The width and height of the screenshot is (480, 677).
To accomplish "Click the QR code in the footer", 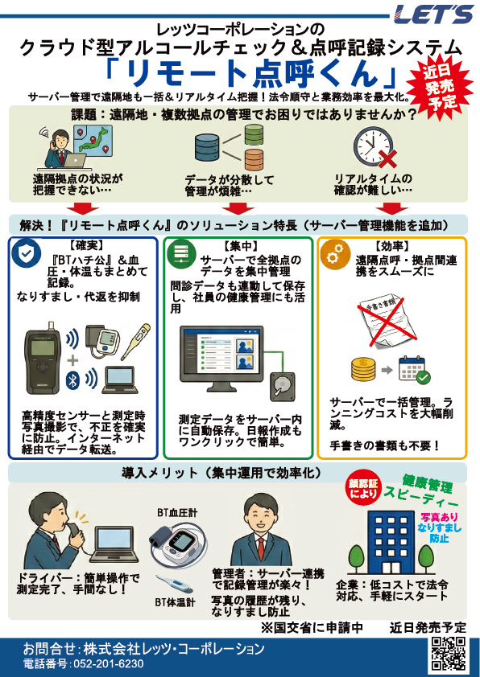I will [449, 653].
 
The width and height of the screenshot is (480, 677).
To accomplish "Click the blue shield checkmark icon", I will [27, 253].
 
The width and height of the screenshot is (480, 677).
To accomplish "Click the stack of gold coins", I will [362, 371].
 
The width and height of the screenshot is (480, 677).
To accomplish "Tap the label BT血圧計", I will [178, 511].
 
